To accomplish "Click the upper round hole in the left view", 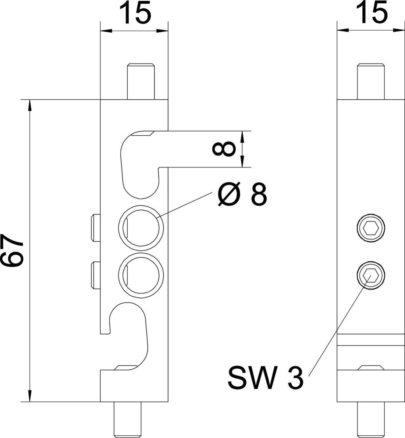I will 140,228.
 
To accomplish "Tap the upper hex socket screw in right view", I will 371,228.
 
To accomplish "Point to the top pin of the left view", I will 140,81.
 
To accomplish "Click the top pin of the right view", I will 371,81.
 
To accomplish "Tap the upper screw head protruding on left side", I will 96,228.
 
